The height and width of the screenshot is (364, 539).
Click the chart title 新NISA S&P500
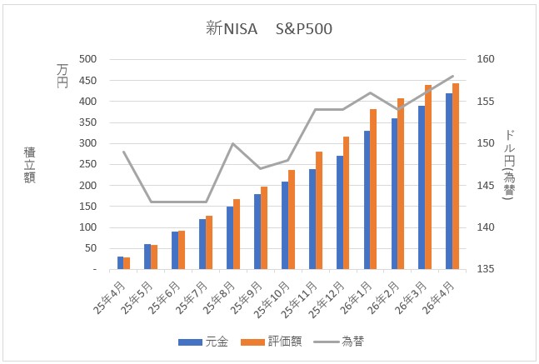[x=270, y=29]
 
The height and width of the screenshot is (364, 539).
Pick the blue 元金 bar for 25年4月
[x=120, y=263]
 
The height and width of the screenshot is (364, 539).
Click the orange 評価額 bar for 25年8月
[x=237, y=234]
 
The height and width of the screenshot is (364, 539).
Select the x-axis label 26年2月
[x=381, y=293]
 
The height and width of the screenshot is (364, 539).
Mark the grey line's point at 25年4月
[x=123, y=152]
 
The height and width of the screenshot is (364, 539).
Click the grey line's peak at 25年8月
[x=233, y=143]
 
